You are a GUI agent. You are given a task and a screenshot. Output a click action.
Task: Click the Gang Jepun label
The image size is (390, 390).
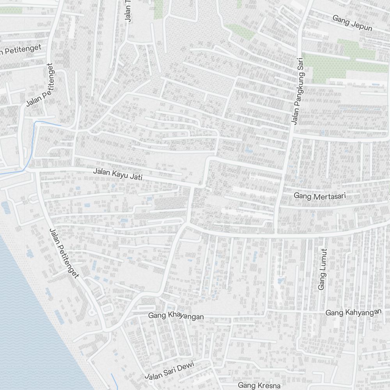352,23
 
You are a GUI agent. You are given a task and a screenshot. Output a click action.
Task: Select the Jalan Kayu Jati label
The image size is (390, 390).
118,174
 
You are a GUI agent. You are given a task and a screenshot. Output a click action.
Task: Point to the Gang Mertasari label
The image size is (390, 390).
320,196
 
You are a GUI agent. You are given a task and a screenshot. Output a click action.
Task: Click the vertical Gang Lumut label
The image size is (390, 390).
322,269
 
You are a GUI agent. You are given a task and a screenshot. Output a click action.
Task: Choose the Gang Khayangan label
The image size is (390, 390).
176,316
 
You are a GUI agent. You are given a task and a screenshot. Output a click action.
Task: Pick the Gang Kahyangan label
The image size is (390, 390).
353,312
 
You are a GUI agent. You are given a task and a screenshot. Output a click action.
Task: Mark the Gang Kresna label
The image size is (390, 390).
259,385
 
